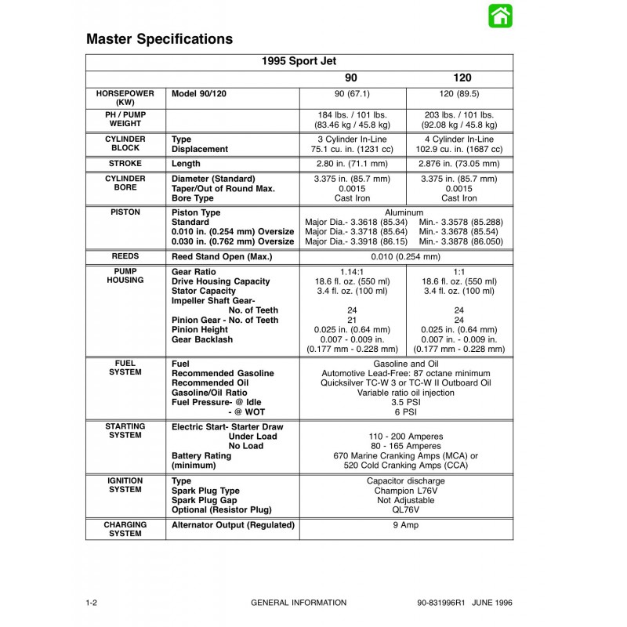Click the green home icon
coord(500,16)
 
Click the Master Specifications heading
coord(159,38)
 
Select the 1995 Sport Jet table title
coord(299,61)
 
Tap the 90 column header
coord(352,78)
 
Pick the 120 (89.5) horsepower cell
coord(460,93)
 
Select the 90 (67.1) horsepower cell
coord(352,93)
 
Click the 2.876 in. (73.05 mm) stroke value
coord(460,164)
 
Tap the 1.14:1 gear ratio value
coord(352,271)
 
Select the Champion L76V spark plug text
coord(405,491)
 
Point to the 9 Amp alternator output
coord(405,525)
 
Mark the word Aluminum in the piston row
coord(404,212)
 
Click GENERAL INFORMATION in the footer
coord(299,603)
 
